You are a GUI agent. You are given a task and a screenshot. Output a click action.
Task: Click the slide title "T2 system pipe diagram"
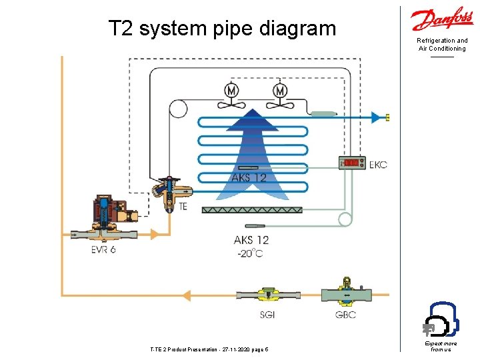click(x=222, y=29)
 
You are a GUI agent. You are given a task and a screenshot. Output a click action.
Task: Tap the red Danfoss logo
click(x=442, y=21)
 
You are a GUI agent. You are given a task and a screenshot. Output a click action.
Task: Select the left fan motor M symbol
click(x=232, y=90)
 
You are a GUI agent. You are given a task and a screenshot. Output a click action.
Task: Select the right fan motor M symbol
click(x=281, y=90)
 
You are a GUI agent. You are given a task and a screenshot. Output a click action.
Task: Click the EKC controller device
click(x=352, y=163)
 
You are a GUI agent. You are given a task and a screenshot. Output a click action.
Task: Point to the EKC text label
click(x=378, y=164)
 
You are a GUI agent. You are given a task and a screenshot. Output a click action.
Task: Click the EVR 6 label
click(x=103, y=250)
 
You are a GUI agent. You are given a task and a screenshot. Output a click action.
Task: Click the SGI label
click(x=267, y=315)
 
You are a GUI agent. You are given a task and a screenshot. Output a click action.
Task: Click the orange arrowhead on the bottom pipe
click(x=187, y=295)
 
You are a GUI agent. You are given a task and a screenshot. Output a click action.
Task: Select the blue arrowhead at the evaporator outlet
click(x=377, y=117)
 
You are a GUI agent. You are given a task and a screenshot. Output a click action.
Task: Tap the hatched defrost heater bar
click(x=252, y=210)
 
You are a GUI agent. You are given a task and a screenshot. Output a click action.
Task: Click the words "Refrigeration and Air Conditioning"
click(x=442, y=45)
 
